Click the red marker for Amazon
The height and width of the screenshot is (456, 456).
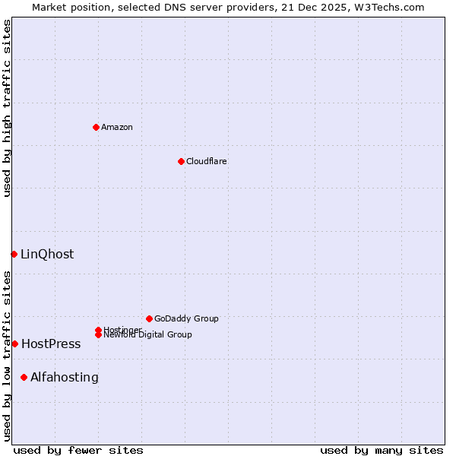click(96, 127)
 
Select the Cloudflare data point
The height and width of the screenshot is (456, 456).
click(181, 161)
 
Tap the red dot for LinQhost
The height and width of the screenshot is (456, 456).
click(14, 254)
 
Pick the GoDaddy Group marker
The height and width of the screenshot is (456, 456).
click(149, 318)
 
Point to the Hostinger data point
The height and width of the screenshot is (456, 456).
click(98, 330)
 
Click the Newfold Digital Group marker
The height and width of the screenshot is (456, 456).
click(98, 334)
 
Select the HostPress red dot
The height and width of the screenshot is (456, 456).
click(14, 344)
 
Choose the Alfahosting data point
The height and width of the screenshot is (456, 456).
click(24, 377)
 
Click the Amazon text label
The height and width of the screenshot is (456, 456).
click(116, 127)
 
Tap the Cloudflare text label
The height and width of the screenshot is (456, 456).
click(206, 161)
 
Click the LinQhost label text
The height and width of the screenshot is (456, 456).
click(47, 254)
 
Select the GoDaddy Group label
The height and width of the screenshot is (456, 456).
click(186, 318)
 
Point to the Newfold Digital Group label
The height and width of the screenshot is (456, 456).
click(147, 334)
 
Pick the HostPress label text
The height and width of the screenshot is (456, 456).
click(51, 344)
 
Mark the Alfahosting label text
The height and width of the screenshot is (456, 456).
click(65, 377)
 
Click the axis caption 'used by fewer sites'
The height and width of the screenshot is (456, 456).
click(78, 450)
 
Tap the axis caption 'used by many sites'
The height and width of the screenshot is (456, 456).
click(382, 450)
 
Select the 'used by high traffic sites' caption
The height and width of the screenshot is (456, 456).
click(7, 108)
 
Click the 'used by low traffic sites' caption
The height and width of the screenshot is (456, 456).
click(7, 356)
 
